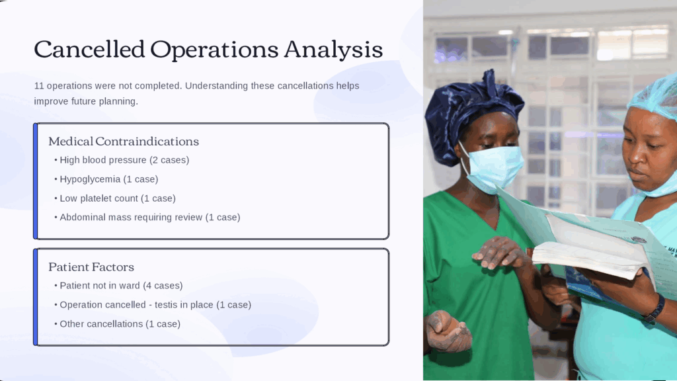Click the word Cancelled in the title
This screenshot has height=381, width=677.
[x=89, y=49]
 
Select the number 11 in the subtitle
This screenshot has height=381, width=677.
[x=39, y=85]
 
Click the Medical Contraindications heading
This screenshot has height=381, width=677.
[x=124, y=142]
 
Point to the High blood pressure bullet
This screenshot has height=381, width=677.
[x=124, y=160]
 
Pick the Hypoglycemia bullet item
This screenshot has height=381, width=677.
[x=109, y=179]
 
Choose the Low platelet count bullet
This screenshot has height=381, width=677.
[x=118, y=198]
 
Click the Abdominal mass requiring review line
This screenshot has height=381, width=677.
[x=150, y=217]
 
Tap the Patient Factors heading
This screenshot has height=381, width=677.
[x=91, y=267]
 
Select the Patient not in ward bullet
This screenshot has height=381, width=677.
[x=121, y=286]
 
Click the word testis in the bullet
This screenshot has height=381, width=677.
[x=171, y=304]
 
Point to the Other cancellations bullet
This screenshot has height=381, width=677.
[x=120, y=324]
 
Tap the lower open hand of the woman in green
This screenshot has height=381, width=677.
[x=447, y=331]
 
